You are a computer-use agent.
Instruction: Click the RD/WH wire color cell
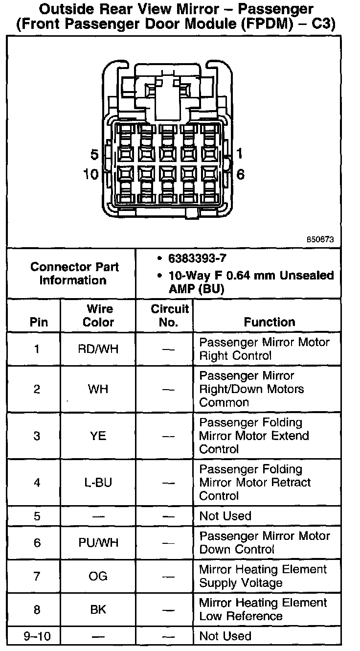click(98, 349)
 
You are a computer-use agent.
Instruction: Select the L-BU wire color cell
click(98, 483)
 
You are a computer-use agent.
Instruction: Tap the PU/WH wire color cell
click(98, 543)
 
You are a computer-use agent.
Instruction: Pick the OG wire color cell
click(98, 576)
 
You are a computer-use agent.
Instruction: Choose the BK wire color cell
click(98, 609)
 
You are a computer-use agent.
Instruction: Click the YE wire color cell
click(98, 436)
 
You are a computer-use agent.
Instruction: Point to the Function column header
click(270, 322)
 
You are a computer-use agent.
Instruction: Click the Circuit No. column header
click(169, 316)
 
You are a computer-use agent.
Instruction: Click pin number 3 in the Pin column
click(37, 436)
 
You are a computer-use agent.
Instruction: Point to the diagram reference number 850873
click(320, 240)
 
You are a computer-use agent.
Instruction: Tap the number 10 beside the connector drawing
click(91, 174)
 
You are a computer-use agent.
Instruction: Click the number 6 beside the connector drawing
click(241, 174)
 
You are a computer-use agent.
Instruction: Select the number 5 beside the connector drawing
click(94, 155)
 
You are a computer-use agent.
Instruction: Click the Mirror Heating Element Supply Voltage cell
click(263, 576)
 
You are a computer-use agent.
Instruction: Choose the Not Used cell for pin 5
click(225, 516)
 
